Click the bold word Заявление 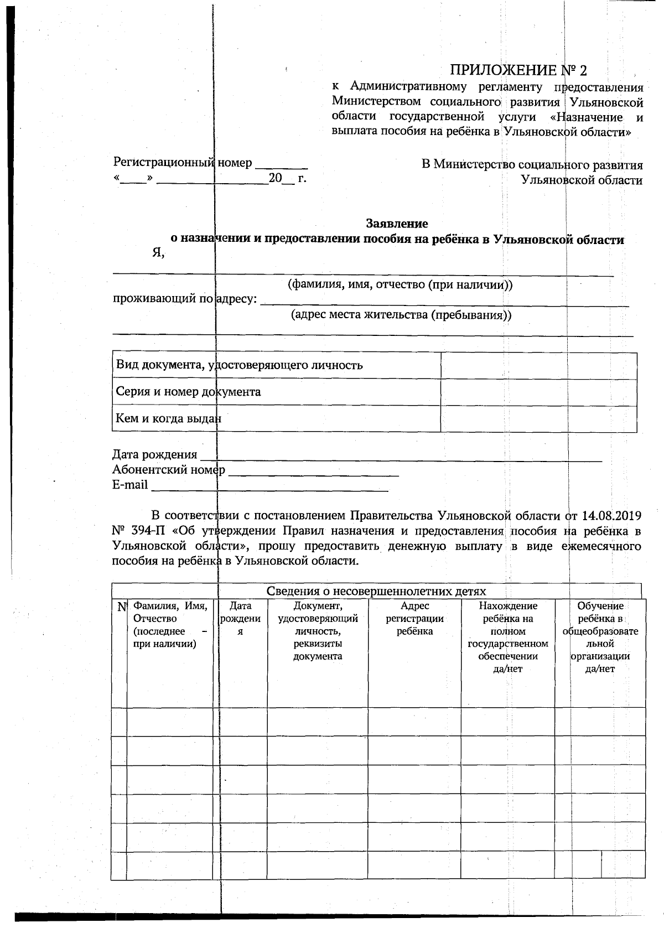tap(397, 224)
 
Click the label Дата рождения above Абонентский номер tap(154, 455)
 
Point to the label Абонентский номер tap(169, 470)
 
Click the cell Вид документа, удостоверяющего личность tap(239, 365)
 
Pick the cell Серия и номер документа tap(188, 392)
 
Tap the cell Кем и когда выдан tap(168, 418)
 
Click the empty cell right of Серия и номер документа tap(538, 392)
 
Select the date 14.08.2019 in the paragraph tap(611, 516)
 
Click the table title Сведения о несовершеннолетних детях tap(376, 592)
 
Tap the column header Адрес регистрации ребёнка tap(414, 619)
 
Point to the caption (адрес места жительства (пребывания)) tap(401, 315)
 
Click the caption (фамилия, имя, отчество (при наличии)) tap(400, 285)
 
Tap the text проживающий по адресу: tap(185, 299)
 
